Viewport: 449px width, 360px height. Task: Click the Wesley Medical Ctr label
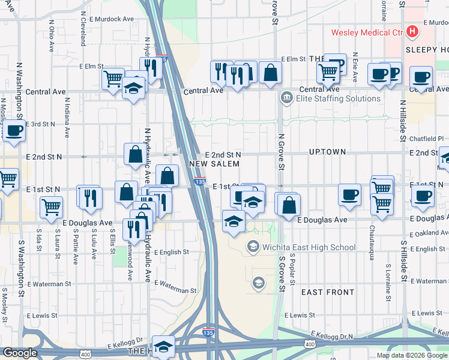click(367, 32)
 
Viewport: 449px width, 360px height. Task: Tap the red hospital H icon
click(412, 31)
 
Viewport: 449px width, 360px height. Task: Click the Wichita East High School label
click(309, 247)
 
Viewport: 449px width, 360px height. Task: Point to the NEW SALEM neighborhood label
click(210, 164)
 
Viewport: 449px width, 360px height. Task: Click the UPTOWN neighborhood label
click(327, 152)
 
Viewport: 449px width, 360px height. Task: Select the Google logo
click(20, 352)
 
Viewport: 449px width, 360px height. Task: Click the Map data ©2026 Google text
click(412, 355)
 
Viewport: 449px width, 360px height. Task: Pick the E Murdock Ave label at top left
click(112, 19)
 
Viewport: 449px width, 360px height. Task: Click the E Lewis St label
click(300, 315)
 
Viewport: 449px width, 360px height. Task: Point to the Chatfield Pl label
click(427, 138)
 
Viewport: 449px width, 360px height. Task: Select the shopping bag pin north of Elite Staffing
click(271, 73)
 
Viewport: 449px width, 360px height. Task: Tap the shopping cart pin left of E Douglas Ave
click(51, 207)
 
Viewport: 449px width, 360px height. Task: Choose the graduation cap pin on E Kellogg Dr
click(163, 346)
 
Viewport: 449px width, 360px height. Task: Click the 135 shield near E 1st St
click(200, 182)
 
